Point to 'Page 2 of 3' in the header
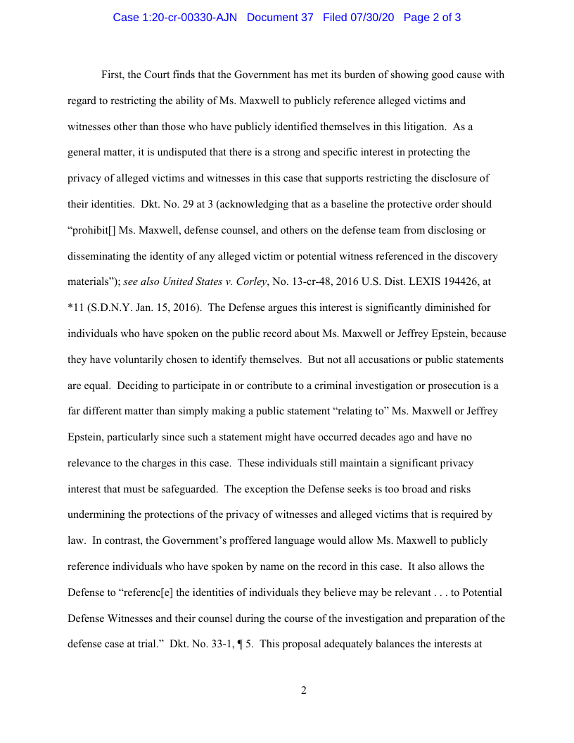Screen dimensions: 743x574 pyautogui.click(x=432, y=18)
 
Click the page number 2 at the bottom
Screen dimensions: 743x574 pyautogui.click(x=304, y=690)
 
